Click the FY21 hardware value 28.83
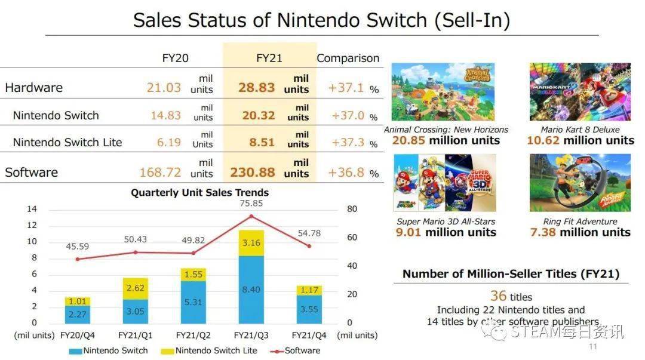256,87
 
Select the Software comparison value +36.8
346,173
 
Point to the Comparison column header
348,58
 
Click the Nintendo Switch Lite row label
67,142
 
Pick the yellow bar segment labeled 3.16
251,243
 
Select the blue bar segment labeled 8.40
251,290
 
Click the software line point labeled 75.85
251,216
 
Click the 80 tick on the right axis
352,209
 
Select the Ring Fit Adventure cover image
579,183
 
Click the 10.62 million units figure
580,140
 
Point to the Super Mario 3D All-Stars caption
446,221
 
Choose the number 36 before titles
498,296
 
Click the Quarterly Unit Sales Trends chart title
199,192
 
